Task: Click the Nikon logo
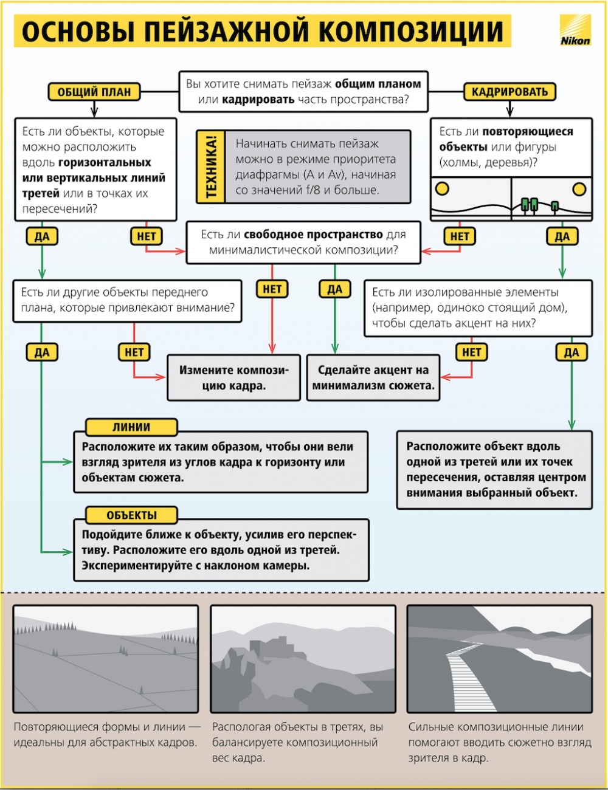point(575,30)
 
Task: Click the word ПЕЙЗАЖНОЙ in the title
point(222,32)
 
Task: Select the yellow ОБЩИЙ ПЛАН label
point(94,92)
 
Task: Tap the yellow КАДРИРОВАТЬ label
point(510,92)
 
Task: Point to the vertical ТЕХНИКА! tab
point(211,167)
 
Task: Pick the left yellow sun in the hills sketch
point(443,188)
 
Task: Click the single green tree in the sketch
point(554,206)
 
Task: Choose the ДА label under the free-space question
point(335,289)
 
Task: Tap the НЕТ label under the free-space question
point(272,289)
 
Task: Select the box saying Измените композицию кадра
point(234,377)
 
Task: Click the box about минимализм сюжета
point(373,377)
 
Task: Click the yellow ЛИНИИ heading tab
point(131,427)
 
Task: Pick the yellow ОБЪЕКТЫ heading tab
point(131,515)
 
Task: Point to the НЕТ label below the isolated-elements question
point(471,352)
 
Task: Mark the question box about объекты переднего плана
point(128,300)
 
